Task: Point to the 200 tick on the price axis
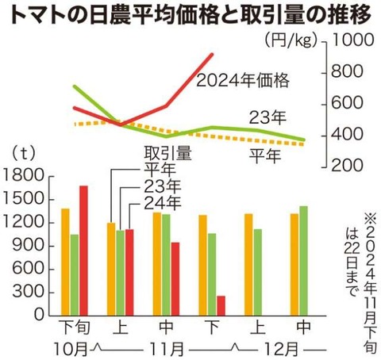point(348,165)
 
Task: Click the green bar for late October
point(75,275)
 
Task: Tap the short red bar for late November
point(220,305)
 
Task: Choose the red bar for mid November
point(175,278)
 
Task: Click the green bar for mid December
point(302,260)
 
